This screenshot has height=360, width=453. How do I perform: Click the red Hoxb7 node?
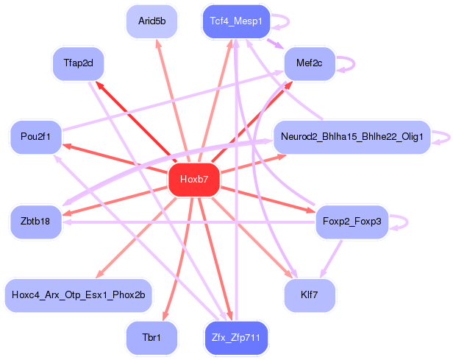tap(194, 180)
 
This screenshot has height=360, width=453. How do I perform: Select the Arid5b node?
tap(151, 21)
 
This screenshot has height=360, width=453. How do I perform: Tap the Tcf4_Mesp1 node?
tap(236, 21)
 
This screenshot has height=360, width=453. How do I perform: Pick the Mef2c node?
tap(310, 63)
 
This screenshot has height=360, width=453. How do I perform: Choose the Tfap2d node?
tap(78, 63)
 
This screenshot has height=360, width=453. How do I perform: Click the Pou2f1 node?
tap(36, 137)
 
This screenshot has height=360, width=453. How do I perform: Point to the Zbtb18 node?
tap(36, 222)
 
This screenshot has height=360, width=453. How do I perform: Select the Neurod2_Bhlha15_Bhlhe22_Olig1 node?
tap(352, 137)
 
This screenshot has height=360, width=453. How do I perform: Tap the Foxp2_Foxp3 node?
tap(352, 222)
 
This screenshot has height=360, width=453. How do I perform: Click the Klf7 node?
tap(310, 295)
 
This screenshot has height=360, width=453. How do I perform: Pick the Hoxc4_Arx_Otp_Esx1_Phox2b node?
tap(78, 295)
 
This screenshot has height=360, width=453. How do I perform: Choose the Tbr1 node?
tap(151, 338)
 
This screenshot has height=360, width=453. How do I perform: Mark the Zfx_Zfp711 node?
tap(236, 338)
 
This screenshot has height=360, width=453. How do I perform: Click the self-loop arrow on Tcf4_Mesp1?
tap(288, 21)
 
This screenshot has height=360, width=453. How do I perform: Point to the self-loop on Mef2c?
tap(354, 63)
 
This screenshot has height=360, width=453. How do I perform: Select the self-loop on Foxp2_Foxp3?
tap(407, 222)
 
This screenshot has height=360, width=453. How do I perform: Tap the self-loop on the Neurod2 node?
tap(449, 137)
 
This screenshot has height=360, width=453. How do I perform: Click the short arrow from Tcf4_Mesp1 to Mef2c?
tap(275, 43)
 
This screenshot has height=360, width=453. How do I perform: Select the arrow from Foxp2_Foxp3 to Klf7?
tap(331, 259)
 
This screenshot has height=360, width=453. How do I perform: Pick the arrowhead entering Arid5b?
tap(158, 43)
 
